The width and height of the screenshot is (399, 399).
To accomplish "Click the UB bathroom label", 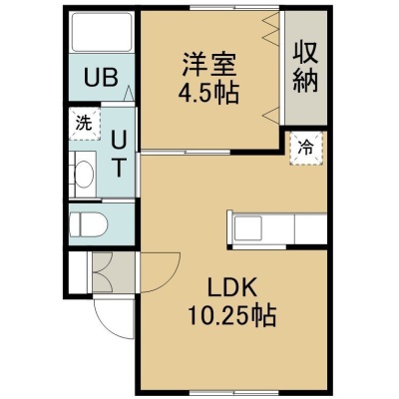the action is [101, 77].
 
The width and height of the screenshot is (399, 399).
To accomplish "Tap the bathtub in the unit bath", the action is [101, 32].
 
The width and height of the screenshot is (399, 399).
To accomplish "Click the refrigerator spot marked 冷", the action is [305, 148].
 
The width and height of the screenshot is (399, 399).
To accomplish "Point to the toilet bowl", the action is [89, 225].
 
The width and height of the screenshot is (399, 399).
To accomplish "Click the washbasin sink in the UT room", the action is [84, 174].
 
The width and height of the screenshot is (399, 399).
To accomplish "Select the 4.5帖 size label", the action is [208, 93].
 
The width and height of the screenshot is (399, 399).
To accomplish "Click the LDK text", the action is [232, 288].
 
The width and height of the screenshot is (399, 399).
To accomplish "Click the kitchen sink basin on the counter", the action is [247, 229].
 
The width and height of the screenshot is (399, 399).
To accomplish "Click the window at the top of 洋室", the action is [235, 8].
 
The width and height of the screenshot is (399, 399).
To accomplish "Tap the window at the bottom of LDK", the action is [235, 392].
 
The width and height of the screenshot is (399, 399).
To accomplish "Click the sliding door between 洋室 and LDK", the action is [186, 153].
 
